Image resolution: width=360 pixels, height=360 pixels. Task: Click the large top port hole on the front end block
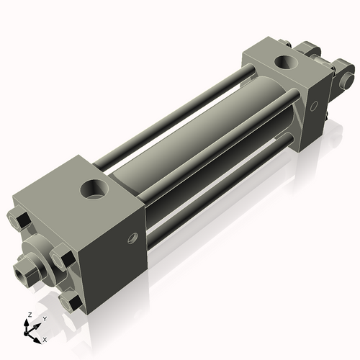pyautogui.click(x=95, y=191)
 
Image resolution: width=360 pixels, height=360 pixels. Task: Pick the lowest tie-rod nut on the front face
pyautogui.click(x=68, y=298)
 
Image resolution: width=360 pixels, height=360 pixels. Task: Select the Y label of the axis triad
pyautogui.click(x=44, y=318)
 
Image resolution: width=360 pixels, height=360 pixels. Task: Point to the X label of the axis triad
pyautogui.click(x=45, y=338)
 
